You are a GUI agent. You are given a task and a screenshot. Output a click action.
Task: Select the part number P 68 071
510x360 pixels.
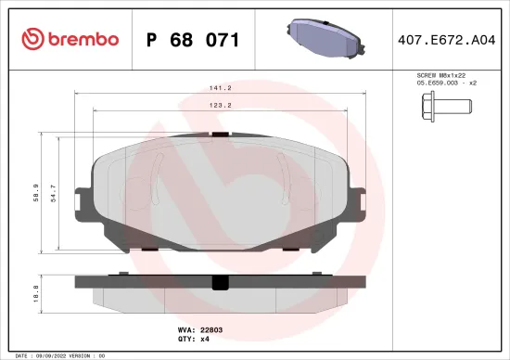(193, 40)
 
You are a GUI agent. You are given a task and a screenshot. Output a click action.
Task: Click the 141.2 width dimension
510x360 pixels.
(220, 89)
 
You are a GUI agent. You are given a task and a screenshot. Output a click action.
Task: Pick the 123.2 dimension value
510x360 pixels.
(220, 107)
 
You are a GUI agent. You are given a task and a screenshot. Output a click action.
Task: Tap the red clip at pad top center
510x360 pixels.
(219, 135)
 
